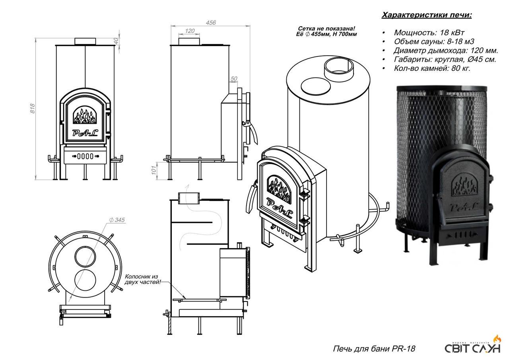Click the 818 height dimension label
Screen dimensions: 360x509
(x=33, y=109)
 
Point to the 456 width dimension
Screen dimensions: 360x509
(x=211, y=23)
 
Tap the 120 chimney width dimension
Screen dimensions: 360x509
(x=190, y=31)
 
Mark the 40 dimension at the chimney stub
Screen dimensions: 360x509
(x=116, y=41)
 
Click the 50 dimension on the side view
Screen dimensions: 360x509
(x=233, y=79)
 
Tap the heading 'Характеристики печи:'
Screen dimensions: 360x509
(x=427, y=15)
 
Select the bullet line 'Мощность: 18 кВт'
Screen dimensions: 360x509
(x=429, y=33)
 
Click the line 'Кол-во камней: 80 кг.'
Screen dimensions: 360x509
(x=432, y=68)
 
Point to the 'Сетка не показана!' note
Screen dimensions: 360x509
(x=327, y=29)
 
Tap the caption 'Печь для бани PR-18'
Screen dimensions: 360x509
(x=373, y=349)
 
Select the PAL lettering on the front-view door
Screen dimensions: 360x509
(x=85, y=133)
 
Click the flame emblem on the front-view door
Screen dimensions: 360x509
(x=85, y=117)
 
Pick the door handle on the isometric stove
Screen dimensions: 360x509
(x=251, y=199)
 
